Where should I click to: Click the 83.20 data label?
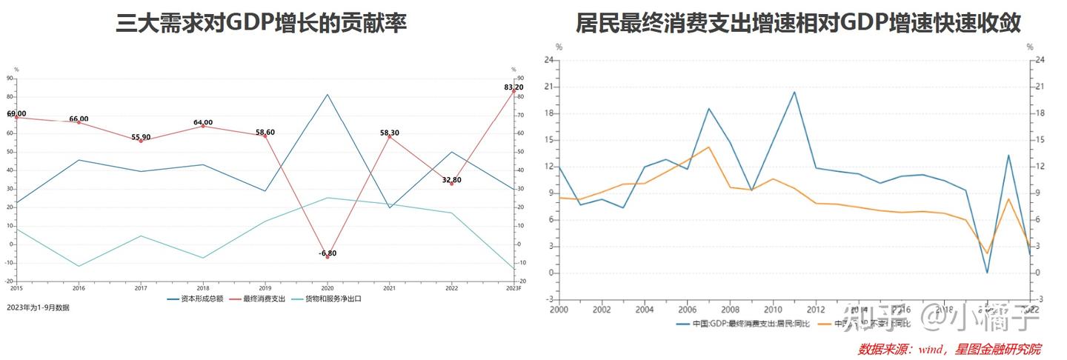coord(513,87)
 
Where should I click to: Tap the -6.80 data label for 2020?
coord(328,253)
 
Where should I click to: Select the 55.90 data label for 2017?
coord(141,137)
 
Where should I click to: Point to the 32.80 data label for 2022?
coord(452,180)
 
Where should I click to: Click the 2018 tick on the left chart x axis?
coord(203,287)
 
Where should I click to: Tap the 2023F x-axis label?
coord(513,287)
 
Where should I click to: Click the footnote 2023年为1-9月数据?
coord(38,307)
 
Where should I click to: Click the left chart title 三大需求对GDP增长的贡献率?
coord(261,24)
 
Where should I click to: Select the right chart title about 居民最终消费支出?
coord(798,24)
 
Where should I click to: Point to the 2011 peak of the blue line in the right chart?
coord(794,92)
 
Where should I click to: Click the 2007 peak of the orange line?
coord(708,147)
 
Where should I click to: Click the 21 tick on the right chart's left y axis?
coord(549,87)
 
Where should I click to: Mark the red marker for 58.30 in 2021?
coord(390,137)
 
